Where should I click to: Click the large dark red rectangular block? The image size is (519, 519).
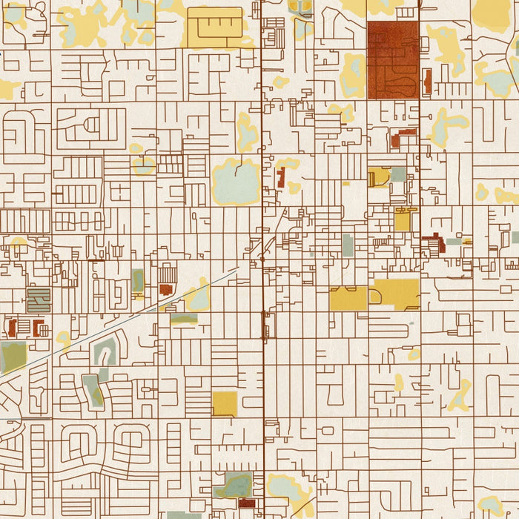tap(392, 59)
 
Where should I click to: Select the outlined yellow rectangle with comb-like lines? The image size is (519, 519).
tap(215, 27)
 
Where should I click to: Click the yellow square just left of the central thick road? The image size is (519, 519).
tap(225, 404)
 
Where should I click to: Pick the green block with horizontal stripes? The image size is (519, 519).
tap(39, 300)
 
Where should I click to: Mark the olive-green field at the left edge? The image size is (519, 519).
tap(13, 357)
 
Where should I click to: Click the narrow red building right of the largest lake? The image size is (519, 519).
tap(280, 177)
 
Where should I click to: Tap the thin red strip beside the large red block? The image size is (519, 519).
tap(427, 81)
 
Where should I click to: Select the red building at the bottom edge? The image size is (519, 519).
tap(247, 503)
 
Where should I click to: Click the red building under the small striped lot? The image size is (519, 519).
tap(165, 289)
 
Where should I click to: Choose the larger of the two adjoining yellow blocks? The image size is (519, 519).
tap(397, 294)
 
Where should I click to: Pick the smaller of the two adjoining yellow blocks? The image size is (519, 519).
tap(348, 298)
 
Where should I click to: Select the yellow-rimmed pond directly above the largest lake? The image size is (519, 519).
tap(247, 133)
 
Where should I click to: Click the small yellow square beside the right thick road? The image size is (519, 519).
tap(403, 221)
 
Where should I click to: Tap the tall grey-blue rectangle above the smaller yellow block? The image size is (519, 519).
tap(348, 245)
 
